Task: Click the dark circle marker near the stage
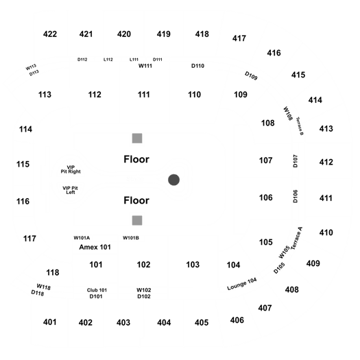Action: point(173,180)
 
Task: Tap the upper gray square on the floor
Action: point(137,139)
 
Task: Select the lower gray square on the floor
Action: point(137,220)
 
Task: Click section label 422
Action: point(50,34)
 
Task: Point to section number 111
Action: point(144,95)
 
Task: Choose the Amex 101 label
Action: point(95,247)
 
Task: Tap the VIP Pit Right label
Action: point(71,169)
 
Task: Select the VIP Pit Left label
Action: point(70,190)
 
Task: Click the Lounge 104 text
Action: point(242,284)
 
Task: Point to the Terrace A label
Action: point(296,239)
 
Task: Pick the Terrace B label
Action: point(300,126)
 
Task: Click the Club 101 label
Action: point(97,290)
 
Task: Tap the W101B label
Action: point(131,238)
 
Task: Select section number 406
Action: point(237,320)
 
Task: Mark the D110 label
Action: point(197,66)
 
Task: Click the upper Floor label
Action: point(136,159)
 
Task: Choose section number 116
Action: point(23,202)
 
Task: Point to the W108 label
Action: point(288,113)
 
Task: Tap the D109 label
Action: point(251,75)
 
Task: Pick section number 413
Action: point(326,129)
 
